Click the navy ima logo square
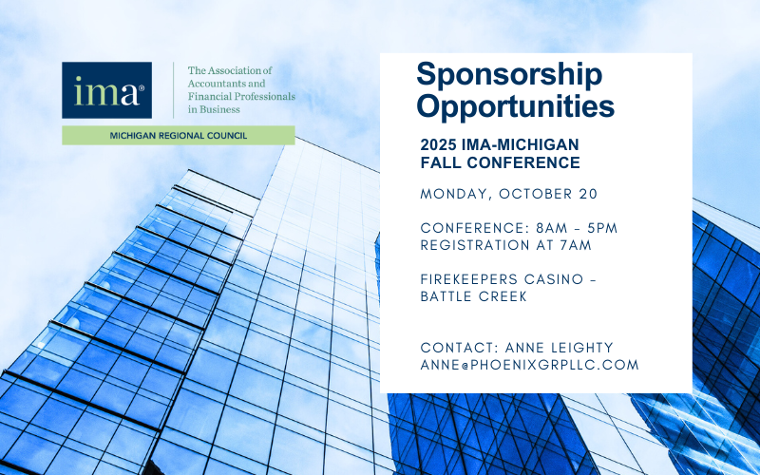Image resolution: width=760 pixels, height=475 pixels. pyautogui.click(x=106, y=90)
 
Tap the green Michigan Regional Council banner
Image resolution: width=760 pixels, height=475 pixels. pyautogui.click(x=179, y=135)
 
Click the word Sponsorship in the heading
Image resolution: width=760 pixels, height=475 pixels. pyautogui.click(x=509, y=75)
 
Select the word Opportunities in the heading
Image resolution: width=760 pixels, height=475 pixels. pyautogui.click(x=515, y=105)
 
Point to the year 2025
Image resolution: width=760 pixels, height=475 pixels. pyautogui.click(x=439, y=144)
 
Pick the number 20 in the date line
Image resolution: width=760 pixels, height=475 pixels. pyautogui.click(x=588, y=194)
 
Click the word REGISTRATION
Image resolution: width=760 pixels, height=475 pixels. pyautogui.click(x=476, y=245)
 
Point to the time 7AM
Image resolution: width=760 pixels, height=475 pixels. pyautogui.click(x=576, y=245)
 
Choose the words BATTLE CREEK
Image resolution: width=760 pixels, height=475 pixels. pyautogui.click(x=473, y=296)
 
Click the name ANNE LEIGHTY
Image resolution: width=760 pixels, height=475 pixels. pyautogui.click(x=560, y=348)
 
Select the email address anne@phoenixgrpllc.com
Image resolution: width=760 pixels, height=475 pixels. pyautogui.click(x=530, y=365)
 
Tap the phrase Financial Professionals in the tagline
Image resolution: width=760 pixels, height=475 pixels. pyautogui.click(x=241, y=97)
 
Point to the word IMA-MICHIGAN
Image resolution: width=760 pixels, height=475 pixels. pyautogui.click(x=521, y=144)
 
